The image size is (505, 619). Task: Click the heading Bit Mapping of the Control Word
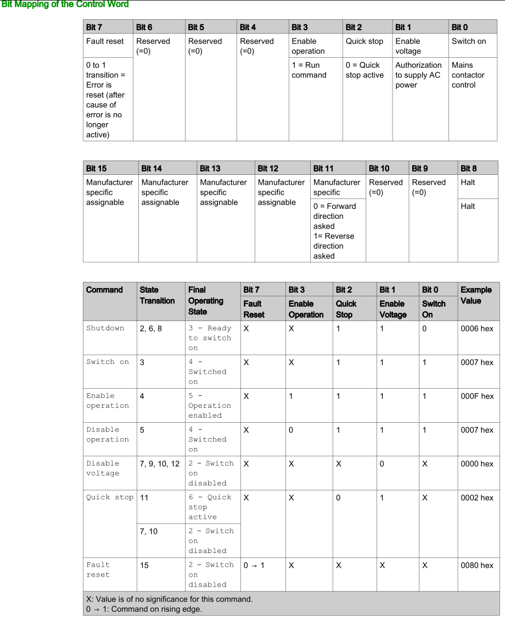click(65, 4)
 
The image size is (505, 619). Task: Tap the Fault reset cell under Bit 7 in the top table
click(105, 41)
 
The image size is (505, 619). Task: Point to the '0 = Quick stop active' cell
click(364, 70)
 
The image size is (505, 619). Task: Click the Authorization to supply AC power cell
click(418, 75)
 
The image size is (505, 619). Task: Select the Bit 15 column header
click(97, 168)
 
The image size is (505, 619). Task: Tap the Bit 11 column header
click(323, 168)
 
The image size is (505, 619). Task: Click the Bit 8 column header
click(468, 168)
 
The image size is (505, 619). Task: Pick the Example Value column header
click(476, 295)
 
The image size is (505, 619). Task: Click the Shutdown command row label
click(105, 328)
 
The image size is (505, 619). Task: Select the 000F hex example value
click(477, 396)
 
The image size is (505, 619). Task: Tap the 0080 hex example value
click(477, 565)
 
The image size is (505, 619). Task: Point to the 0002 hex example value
click(477, 498)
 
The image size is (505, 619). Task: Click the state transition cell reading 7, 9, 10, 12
click(160, 464)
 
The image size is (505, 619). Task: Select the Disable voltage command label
click(103, 468)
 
